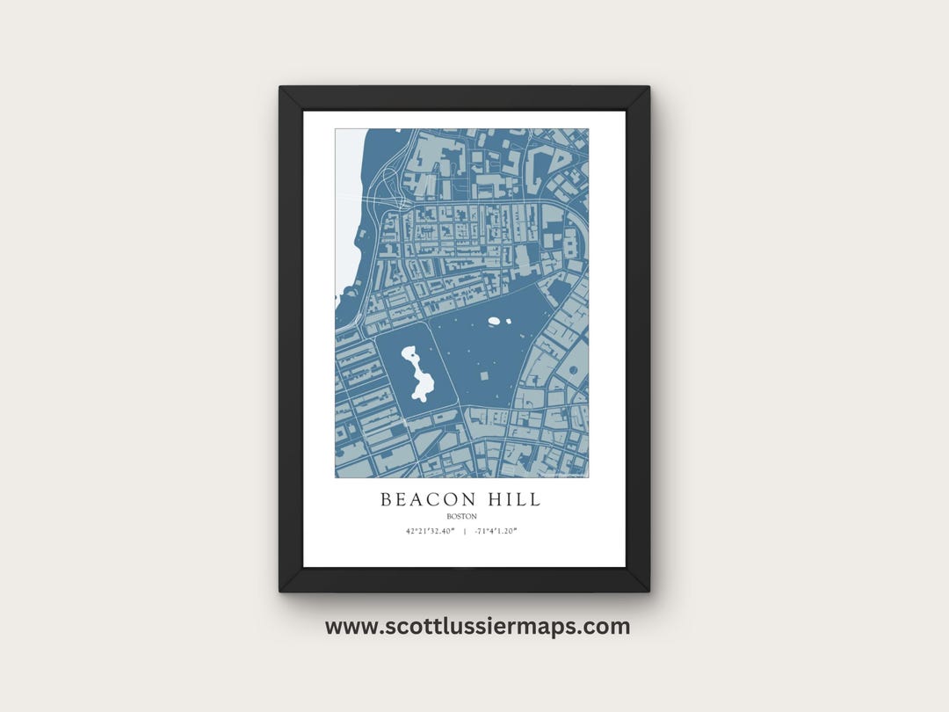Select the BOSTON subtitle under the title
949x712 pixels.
(x=461, y=517)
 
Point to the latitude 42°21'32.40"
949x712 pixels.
(x=431, y=532)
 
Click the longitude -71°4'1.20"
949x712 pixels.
(x=496, y=532)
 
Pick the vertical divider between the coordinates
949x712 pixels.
(x=464, y=532)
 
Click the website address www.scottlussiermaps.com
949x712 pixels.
(x=477, y=627)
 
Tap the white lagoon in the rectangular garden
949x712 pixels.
(x=417, y=372)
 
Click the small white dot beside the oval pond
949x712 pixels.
(x=508, y=322)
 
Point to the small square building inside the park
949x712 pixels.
(x=483, y=375)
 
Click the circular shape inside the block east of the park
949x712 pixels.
(x=573, y=370)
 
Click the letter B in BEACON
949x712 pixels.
(x=386, y=500)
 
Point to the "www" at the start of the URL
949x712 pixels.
(x=344, y=627)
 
